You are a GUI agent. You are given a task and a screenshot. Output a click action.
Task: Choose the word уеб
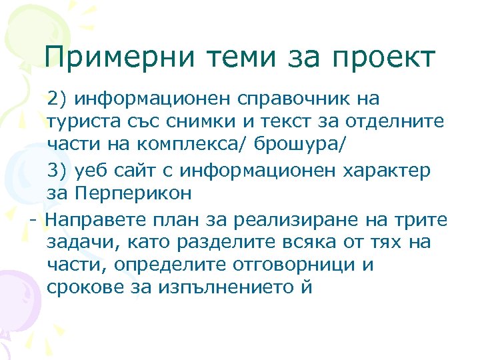point(89,171)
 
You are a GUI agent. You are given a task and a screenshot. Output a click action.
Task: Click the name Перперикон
point(130,194)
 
